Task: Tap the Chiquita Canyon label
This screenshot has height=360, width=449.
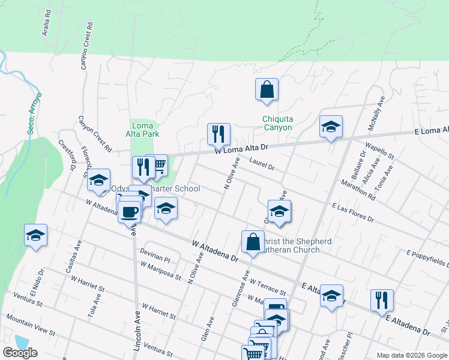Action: (277, 123)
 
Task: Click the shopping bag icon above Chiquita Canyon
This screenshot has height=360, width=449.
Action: (267, 91)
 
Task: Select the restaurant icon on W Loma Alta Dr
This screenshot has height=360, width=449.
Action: (218, 134)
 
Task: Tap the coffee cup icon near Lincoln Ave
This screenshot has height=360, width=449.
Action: (130, 211)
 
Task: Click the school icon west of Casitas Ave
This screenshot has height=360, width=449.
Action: (36, 235)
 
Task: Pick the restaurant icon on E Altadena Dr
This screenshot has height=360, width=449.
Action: (382, 300)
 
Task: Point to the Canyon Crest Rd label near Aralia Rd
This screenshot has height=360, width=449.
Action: (88, 45)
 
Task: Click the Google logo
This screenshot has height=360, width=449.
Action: (20, 353)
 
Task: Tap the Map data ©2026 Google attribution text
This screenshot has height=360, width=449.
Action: (411, 355)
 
